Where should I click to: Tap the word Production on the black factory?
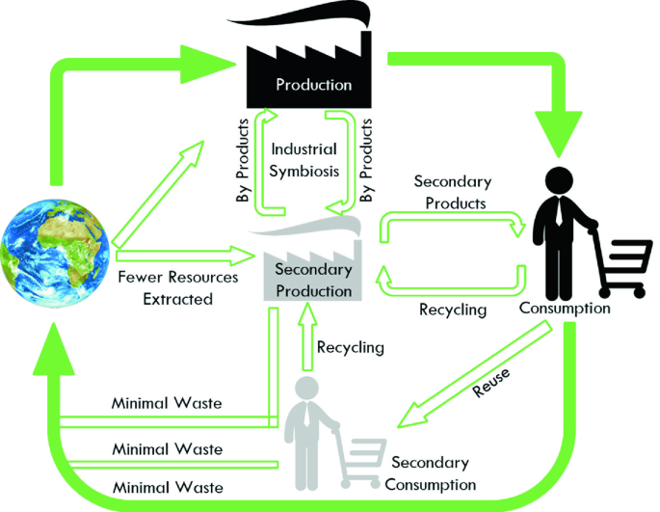click(313, 84)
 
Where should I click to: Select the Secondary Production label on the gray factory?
click(313, 280)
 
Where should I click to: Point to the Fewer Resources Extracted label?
click(177, 287)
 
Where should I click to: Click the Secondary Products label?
click(452, 192)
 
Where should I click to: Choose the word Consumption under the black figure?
click(565, 310)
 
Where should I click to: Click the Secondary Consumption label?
click(432, 473)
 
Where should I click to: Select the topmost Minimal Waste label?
click(168, 403)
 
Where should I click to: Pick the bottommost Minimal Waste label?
click(168, 488)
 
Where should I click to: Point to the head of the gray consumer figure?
click(307, 388)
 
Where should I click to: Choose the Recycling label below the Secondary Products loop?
click(453, 310)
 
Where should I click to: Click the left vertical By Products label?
click(243, 160)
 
